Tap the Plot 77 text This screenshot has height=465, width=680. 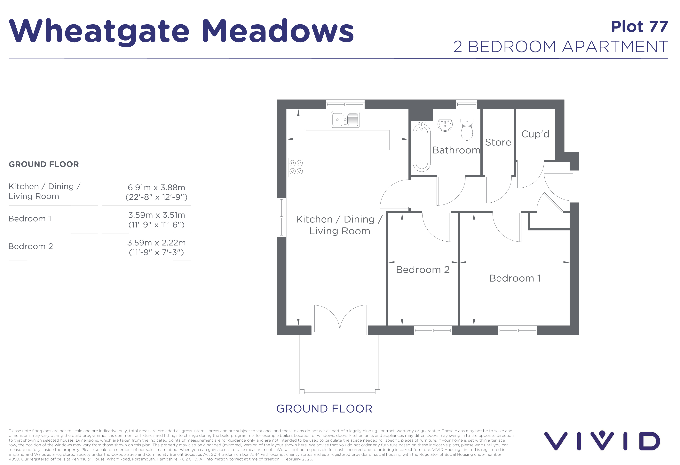[x=639, y=27]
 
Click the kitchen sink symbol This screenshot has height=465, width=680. [x=345, y=120]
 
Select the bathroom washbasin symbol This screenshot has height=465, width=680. [x=445, y=125]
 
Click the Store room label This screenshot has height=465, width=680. [x=498, y=142]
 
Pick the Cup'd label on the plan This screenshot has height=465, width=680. [x=535, y=134]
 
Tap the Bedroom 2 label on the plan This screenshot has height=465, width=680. [x=423, y=270]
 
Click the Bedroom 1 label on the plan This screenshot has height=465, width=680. [x=515, y=278]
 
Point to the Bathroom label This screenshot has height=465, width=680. [x=456, y=150]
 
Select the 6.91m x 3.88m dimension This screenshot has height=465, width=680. [x=156, y=188]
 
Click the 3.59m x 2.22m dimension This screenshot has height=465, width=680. [x=156, y=243]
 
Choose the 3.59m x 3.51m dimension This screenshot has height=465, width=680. [x=156, y=215]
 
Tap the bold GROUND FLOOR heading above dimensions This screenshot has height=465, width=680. [x=44, y=164]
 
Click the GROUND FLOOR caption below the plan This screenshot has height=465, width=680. [x=324, y=409]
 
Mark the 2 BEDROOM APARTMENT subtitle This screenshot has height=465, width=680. [x=560, y=47]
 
